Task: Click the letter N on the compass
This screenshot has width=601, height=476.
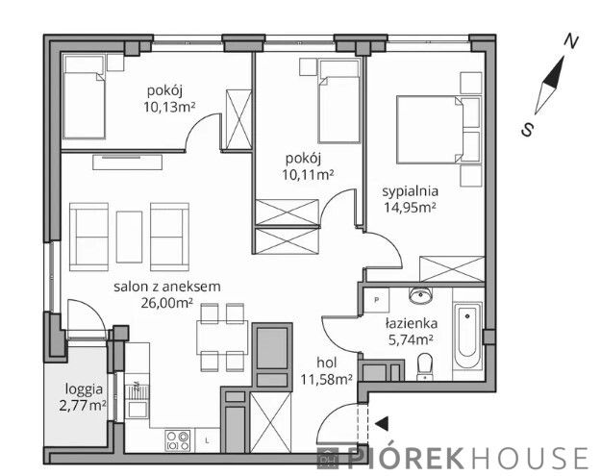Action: (571, 41)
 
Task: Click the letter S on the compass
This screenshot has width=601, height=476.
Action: (527, 130)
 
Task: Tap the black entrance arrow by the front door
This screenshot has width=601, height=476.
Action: (382, 423)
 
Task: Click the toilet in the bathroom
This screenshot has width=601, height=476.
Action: (424, 366)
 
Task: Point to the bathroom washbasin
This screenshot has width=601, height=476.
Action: (420, 295)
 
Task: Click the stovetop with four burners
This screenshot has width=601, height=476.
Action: (178, 440)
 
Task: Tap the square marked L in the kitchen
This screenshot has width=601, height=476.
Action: (208, 440)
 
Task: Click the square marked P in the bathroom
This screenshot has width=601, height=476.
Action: (376, 300)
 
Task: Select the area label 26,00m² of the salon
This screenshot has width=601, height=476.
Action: (166, 303)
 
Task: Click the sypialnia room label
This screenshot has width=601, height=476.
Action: (410, 190)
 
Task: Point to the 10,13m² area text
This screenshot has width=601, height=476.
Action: (169, 107)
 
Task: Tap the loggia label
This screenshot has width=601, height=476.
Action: (84, 389)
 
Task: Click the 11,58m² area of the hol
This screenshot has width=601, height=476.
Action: (326, 379)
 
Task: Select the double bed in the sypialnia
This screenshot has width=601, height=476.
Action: (438, 130)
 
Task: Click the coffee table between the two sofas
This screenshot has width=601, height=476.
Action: (129, 237)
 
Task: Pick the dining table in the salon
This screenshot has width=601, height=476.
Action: (222, 338)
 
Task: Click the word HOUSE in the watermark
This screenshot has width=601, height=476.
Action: (529, 458)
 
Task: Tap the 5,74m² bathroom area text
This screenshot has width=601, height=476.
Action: (411, 340)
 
